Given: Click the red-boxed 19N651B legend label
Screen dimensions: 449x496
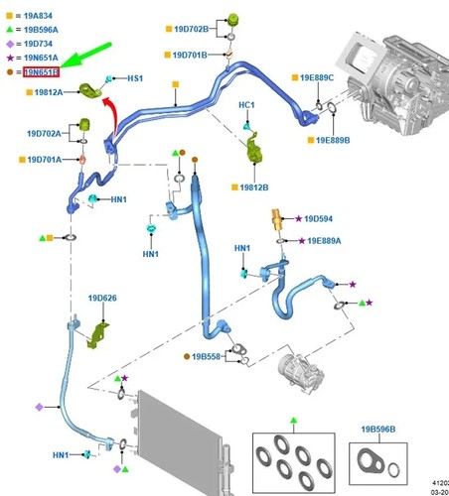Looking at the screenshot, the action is [x=41, y=72].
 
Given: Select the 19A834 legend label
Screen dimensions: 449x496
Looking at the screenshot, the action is [x=38, y=16].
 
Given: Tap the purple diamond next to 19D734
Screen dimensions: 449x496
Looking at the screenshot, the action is [x=10, y=44].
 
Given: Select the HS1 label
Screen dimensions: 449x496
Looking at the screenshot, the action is [x=135, y=78].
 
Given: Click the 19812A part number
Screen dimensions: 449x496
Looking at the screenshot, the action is [x=49, y=92].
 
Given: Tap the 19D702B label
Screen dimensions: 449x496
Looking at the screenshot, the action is [x=192, y=29].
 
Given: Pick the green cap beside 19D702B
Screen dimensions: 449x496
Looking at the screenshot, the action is [x=233, y=19].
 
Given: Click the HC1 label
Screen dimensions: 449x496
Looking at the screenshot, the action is [x=246, y=105].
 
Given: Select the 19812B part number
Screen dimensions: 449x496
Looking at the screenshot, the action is [x=254, y=187].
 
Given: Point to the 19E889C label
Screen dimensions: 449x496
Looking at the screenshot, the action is [x=317, y=77].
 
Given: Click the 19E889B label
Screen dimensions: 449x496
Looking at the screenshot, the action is [x=333, y=140].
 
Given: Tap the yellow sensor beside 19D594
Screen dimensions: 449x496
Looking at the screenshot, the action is [x=276, y=219].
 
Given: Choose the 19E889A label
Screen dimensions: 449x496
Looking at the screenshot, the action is [x=324, y=241].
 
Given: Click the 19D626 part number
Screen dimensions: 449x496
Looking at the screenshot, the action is [x=102, y=298].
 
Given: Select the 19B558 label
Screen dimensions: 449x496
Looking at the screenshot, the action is [x=206, y=356].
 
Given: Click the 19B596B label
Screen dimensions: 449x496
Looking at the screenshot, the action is [x=378, y=430].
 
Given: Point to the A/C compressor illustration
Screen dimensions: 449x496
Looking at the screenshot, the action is [x=301, y=374].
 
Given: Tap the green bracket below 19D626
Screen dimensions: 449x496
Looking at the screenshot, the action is [x=97, y=335].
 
